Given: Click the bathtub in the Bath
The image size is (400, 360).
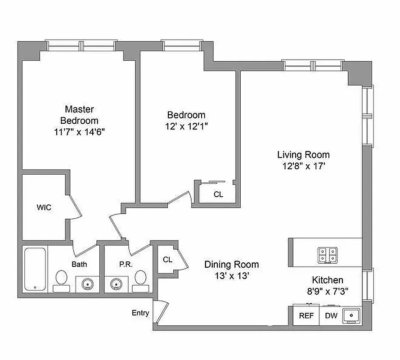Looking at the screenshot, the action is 35,269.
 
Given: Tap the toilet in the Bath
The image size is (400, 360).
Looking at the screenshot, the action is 61,281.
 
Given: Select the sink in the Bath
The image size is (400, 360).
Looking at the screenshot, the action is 87,283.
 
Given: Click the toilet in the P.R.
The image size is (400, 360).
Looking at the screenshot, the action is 140,281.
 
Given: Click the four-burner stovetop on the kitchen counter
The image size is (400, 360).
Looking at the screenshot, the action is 328,255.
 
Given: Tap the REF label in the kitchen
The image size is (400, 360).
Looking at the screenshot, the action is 306,316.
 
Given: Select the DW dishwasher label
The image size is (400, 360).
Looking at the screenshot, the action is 331,316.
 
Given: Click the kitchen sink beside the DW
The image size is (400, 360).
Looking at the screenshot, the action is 351,315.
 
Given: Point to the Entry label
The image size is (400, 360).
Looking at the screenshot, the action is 140,313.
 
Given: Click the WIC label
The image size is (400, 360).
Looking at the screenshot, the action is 44,207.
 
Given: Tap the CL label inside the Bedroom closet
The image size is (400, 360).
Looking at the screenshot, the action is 218,194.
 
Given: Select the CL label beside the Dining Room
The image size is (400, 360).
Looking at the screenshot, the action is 167,260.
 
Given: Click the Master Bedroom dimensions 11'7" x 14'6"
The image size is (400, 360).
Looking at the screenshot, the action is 79,132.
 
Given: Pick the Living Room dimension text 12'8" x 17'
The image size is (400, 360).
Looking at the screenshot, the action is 304,166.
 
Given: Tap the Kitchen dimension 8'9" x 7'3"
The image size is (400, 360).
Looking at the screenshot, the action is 328,291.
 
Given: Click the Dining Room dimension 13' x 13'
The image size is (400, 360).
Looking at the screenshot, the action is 232,276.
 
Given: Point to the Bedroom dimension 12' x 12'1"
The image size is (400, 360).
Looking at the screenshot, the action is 186,126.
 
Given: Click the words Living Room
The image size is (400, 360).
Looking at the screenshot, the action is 304,155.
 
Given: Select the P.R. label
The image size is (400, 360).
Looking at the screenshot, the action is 126,264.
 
